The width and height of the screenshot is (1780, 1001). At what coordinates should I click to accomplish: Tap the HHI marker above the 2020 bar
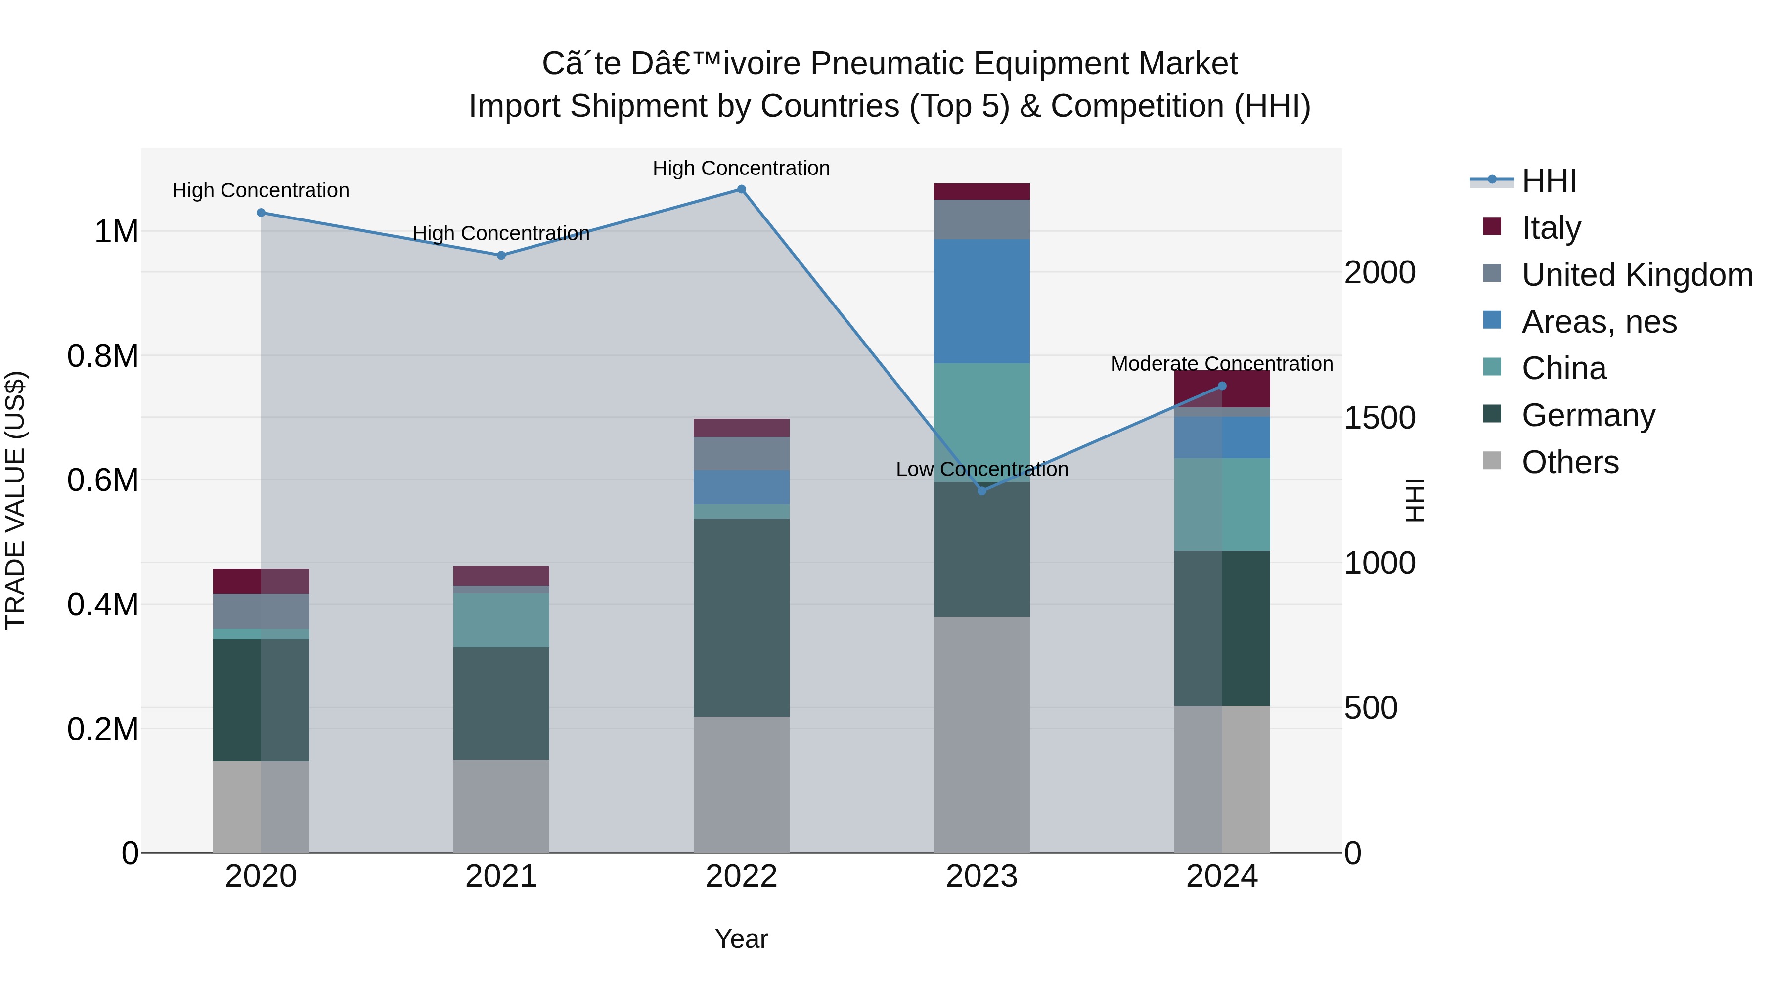261,213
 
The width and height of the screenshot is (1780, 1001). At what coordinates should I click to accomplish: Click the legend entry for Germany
1588,415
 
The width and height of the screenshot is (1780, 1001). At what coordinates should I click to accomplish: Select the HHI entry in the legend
1549,181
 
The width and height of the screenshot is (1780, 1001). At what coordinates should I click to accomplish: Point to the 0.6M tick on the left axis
103,480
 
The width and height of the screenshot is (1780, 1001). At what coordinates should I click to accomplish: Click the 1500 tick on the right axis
1379,418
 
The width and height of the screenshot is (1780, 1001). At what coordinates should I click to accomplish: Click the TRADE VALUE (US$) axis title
15,500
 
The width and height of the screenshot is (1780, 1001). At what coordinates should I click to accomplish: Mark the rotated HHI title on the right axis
1415,500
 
